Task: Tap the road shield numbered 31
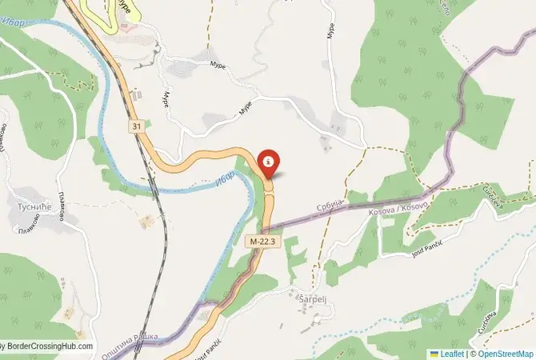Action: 137,126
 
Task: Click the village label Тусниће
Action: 30,207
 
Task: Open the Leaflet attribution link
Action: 452,353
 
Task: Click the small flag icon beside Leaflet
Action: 434,353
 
